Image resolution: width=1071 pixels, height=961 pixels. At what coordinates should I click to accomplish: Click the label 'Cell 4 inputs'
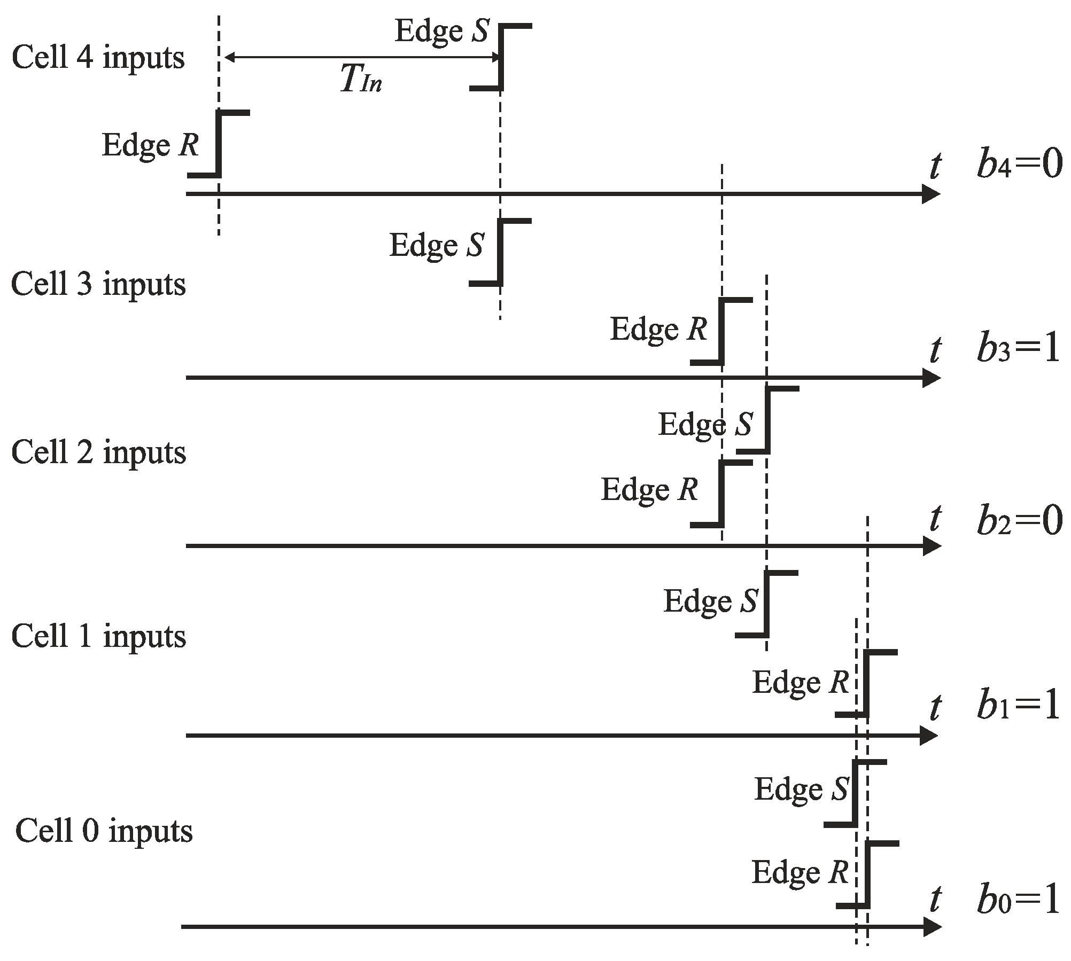98,58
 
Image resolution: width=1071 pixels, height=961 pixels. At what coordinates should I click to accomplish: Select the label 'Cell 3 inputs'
98,284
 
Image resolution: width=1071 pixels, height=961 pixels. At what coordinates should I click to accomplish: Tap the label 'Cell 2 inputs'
98,452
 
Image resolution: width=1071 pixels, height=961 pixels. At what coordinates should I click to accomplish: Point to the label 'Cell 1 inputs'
98,636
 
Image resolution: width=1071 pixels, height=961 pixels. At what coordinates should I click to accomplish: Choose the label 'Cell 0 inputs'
104,831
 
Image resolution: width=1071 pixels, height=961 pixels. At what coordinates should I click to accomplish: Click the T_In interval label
361,81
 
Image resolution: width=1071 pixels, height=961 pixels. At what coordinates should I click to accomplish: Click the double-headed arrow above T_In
361,57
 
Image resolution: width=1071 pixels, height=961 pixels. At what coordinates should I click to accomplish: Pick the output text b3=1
1019,350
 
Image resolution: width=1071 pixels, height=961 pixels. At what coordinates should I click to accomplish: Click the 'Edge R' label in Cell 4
150,146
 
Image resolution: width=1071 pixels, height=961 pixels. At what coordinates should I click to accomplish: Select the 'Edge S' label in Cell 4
441,31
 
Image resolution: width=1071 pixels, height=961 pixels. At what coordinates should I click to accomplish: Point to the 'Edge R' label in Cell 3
658,330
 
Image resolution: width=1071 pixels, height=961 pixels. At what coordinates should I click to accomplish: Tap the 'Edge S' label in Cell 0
801,790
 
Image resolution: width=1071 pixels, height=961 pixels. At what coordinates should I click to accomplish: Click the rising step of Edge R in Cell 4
219,144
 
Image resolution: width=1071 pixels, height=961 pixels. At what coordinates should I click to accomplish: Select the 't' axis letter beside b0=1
935,900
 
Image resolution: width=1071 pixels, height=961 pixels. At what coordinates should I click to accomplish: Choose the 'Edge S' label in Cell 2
705,425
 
